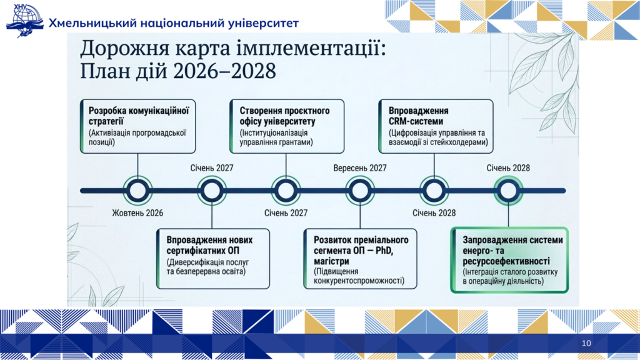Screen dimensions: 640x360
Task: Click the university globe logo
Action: click(24, 21)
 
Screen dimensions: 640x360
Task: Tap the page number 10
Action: click(586, 343)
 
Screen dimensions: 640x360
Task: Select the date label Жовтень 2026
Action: click(137, 213)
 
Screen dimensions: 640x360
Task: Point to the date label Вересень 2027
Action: click(359, 168)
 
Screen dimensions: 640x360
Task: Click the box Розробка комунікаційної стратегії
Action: click(138, 126)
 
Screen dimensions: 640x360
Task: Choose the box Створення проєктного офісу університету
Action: click(286, 126)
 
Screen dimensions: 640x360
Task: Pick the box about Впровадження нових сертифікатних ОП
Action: click(213, 259)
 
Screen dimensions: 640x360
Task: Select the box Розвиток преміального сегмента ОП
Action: click(360, 259)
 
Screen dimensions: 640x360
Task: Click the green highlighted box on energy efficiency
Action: click(509, 260)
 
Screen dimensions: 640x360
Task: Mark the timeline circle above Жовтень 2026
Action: click(137, 191)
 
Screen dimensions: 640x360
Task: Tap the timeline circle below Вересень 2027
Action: click(359, 191)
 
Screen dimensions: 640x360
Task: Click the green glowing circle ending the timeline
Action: click(508, 191)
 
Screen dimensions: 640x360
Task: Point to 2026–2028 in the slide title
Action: click(224, 71)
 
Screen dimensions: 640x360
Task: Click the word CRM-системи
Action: click(416, 122)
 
